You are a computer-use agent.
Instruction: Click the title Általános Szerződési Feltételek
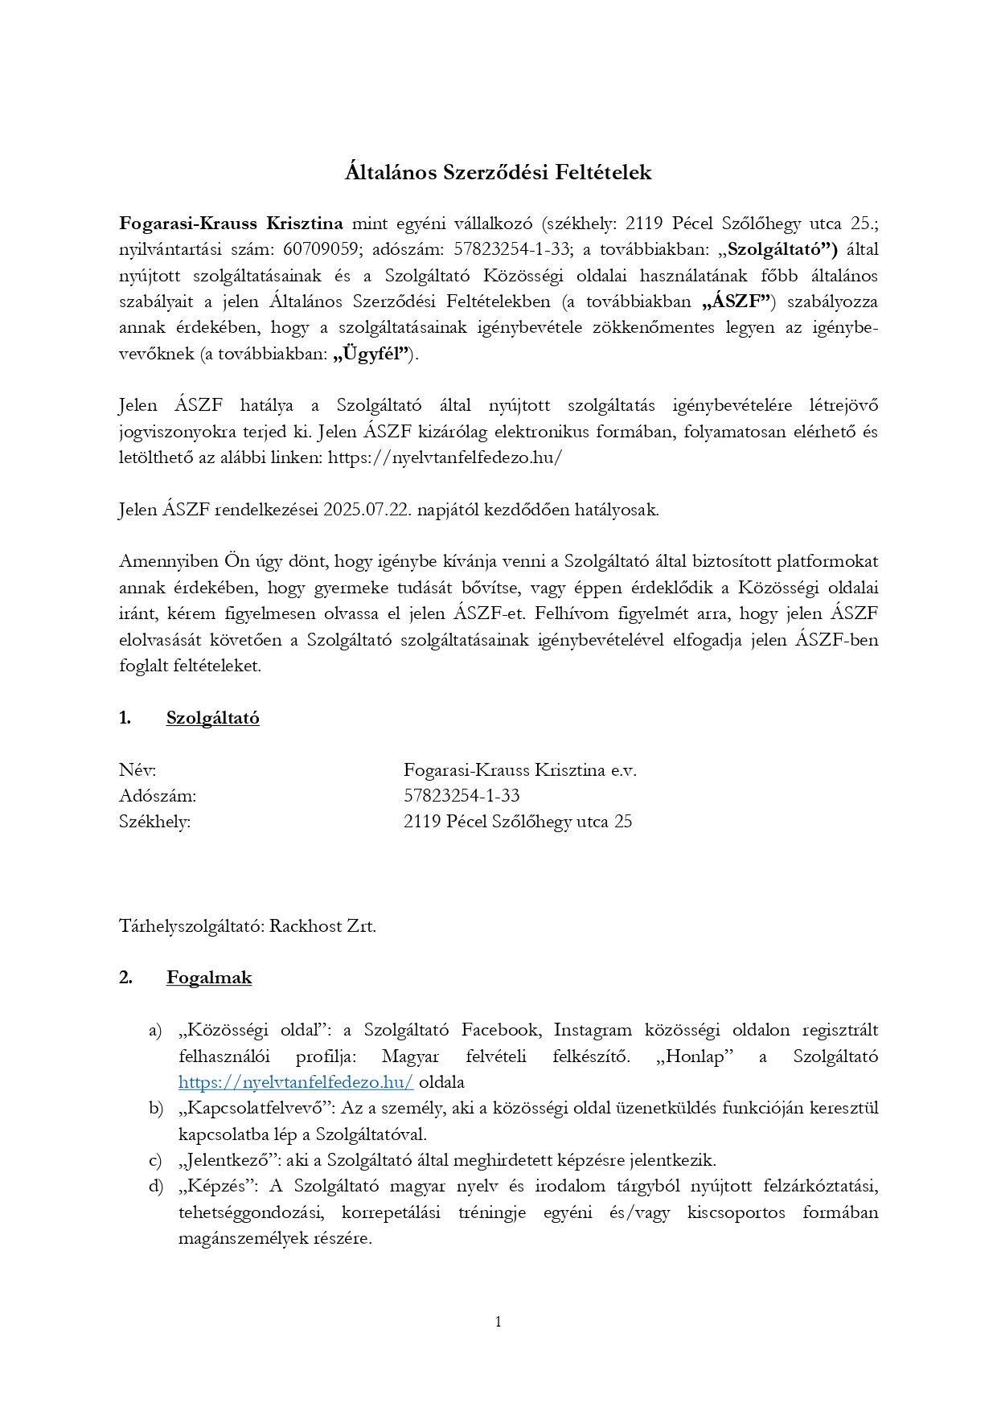(498, 173)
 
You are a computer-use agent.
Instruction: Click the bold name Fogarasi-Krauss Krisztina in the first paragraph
(231, 224)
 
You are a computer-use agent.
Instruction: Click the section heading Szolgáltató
(212, 718)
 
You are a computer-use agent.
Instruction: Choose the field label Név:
(137, 770)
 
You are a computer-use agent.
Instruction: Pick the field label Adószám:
(158, 796)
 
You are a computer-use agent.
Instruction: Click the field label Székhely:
(154, 822)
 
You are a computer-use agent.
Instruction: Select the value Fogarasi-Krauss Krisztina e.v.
(519, 770)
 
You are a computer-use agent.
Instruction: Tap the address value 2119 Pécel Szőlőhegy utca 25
(518, 822)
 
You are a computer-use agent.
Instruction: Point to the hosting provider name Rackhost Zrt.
(322, 926)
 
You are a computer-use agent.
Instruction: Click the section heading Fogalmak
(209, 978)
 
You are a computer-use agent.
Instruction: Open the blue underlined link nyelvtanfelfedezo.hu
(296, 1082)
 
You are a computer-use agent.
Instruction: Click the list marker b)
(156, 1108)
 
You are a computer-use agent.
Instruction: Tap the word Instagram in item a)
(593, 1030)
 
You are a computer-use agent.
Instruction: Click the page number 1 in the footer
(498, 1322)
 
